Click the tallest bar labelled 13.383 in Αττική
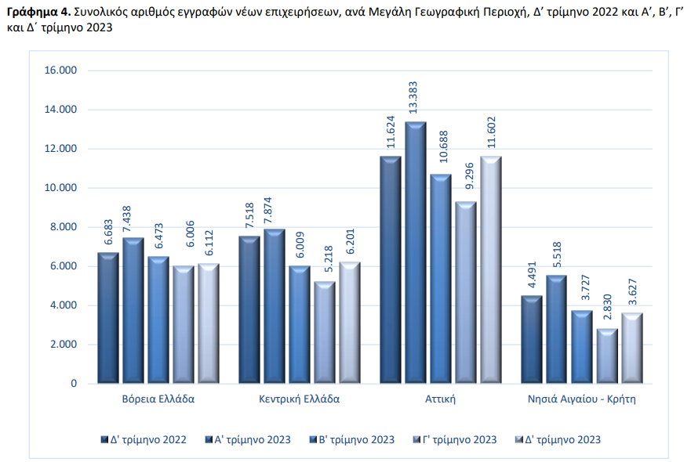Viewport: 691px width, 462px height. point(415,252)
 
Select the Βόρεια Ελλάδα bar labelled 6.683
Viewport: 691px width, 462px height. point(108,318)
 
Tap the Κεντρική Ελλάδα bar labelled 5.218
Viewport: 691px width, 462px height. point(324,332)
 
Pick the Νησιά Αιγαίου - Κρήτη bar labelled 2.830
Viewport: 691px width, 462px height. point(606,356)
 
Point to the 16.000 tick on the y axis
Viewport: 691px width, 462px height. point(61,70)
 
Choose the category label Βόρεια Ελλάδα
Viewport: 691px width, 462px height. point(158,399)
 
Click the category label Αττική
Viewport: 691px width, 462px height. point(440,399)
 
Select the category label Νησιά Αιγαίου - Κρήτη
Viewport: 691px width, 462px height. point(581,399)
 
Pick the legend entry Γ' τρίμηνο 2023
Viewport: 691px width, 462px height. point(460,440)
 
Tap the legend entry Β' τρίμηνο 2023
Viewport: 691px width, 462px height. point(356,440)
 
